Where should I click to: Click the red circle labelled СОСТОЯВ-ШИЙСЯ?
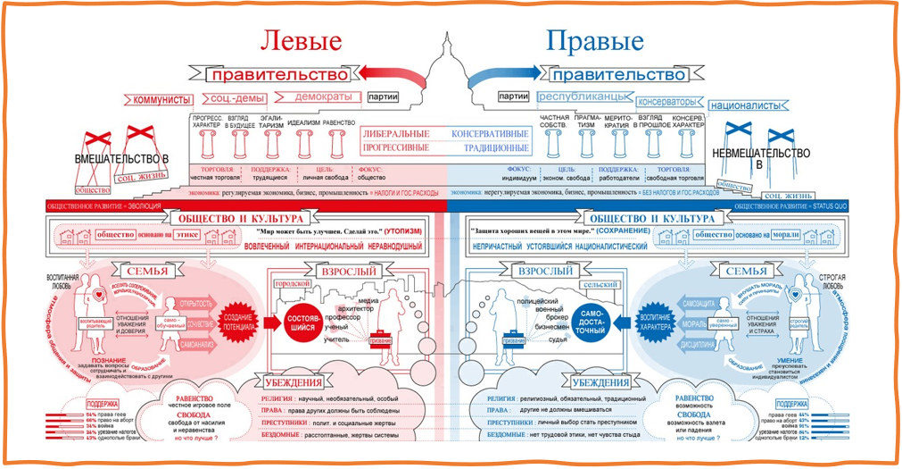(306, 321)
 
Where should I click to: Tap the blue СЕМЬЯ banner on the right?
(747, 271)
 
